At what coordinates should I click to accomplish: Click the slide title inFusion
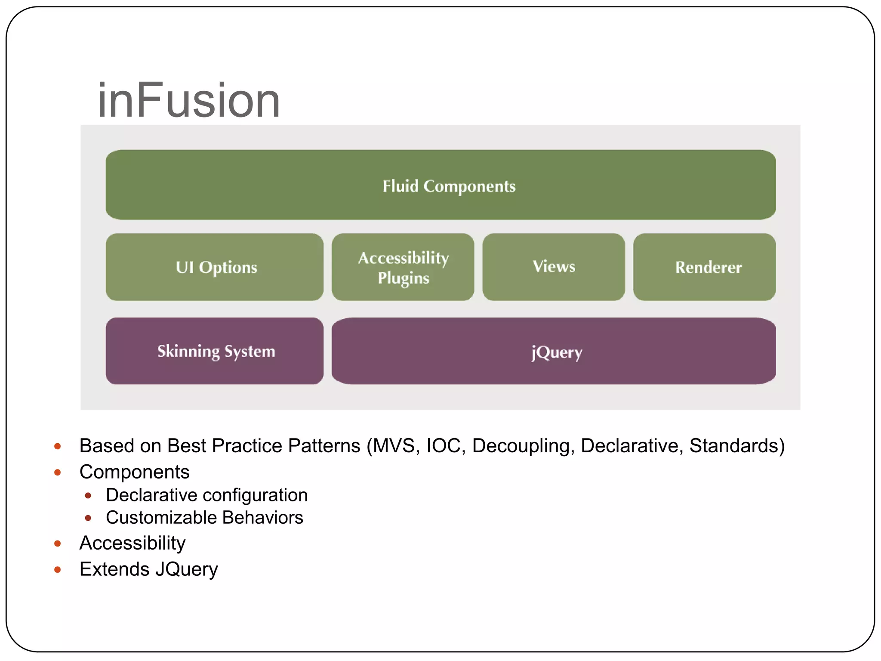[x=189, y=101]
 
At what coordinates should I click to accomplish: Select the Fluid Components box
[x=440, y=185]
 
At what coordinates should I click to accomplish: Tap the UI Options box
[x=215, y=267]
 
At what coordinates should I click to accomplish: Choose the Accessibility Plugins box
[x=403, y=267]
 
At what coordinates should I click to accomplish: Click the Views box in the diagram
[x=554, y=267]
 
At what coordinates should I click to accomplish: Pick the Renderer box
[x=705, y=267]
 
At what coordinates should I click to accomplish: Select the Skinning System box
[x=215, y=351]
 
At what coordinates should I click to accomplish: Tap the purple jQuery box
[x=554, y=351]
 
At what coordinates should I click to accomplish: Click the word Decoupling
[x=523, y=446]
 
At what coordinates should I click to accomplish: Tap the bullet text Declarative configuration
[x=206, y=495]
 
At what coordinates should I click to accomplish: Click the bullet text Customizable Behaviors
[x=204, y=518]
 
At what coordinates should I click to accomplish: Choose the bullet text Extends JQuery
[x=148, y=569]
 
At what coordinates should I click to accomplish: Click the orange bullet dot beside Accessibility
[x=58, y=544]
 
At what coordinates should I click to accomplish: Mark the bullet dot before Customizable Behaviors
[x=88, y=518]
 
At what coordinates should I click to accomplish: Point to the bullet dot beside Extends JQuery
[x=58, y=570]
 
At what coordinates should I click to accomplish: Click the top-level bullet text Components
[x=134, y=472]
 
